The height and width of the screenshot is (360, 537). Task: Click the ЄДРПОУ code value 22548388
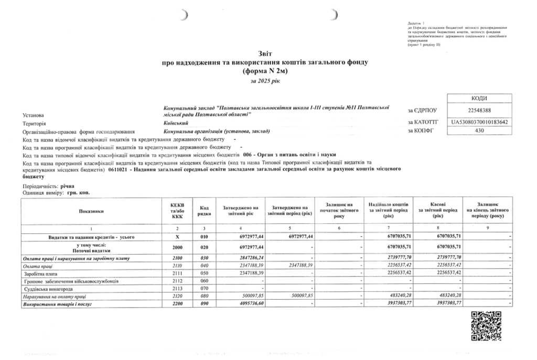pyautogui.click(x=479, y=111)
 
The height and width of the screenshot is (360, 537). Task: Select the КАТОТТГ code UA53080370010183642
pyautogui.click(x=479, y=122)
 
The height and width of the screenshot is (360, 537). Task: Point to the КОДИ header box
pyautogui.click(x=479, y=99)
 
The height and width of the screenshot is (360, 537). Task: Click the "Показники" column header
pyautogui.click(x=92, y=211)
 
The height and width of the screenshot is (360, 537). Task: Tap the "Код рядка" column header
pyautogui.click(x=204, y=211)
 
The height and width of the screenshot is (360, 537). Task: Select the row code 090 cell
pyautogui.click(x=204, y=304)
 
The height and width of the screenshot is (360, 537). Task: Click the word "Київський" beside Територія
pyautogui.click(x=177, y=122)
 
